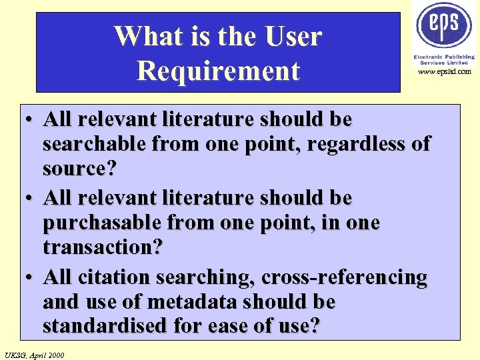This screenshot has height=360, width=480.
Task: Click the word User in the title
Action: point(291,36)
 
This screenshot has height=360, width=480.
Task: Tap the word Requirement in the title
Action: point(218,70)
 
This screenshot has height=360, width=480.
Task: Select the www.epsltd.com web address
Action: point(445,71)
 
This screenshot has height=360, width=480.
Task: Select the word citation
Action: point(116,277)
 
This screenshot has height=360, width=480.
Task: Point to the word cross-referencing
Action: point(344,277)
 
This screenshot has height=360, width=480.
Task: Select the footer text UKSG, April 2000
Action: point(34,355)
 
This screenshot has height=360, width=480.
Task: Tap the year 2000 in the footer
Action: point(55,355)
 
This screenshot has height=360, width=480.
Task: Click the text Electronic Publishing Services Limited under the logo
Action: point(442,59)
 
